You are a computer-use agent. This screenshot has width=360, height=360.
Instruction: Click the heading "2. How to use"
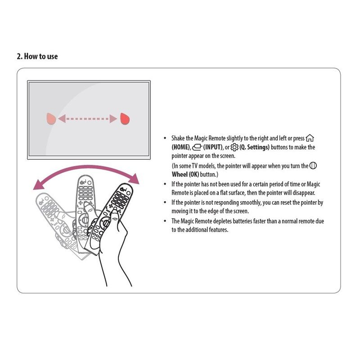pyautogui.click(x=37, y=57)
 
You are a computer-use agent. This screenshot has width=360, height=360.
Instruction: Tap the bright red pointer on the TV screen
pyautogui.click(x=125, y=119)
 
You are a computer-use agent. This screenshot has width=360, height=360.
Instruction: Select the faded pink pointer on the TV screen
pyautogui.click(x=51, y=119)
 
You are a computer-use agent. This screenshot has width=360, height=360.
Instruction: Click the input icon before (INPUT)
pyautogui.click(x=197, y=147)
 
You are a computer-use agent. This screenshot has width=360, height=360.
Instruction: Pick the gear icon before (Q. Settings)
pyautogui.click(x=234, y=147)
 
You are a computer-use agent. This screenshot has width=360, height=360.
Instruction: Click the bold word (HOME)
pyautogui.click(x=180, y=148)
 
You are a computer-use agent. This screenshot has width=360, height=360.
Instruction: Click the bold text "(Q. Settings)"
pyautogui.click(x=255, y=147)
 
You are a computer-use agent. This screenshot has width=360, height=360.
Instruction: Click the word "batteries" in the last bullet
pyautogui.click(x=242, y=221)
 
